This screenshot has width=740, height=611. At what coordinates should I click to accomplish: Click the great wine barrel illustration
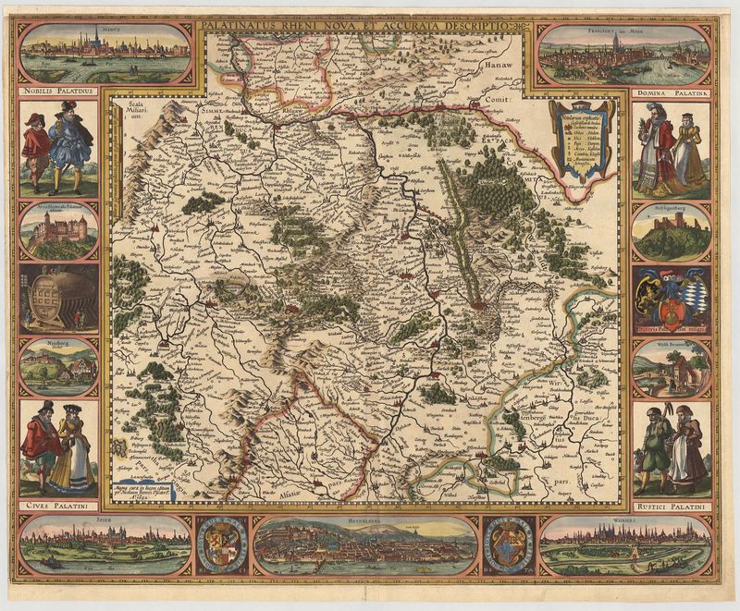[58, 298]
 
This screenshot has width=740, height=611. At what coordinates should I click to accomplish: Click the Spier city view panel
[104, 544]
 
